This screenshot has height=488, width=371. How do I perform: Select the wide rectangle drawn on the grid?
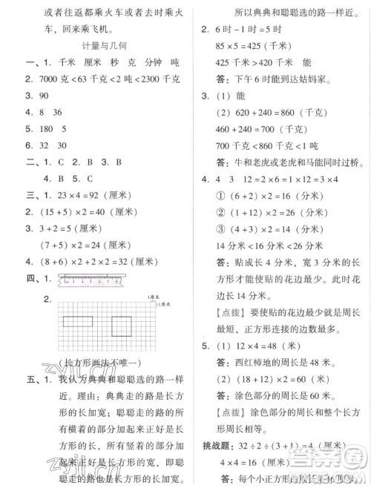point(79,322)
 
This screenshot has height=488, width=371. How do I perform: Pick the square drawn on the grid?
point(125,323)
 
